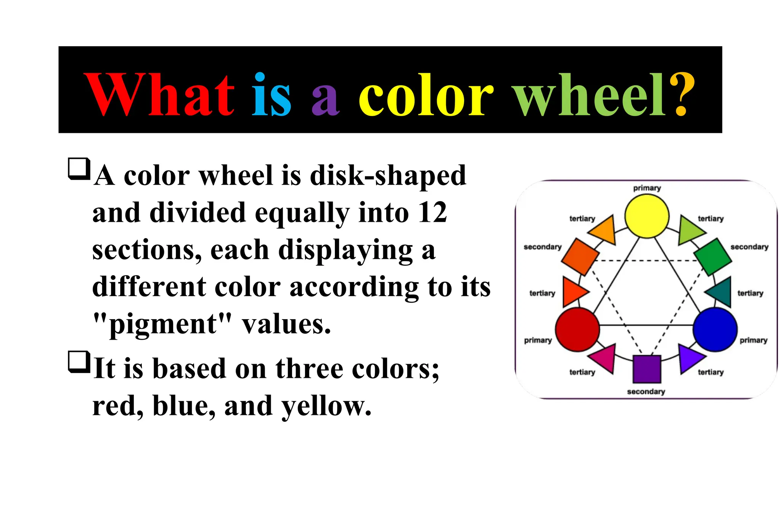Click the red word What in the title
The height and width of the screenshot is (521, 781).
(x=159, y=95)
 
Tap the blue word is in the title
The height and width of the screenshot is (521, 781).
(x=272, y=95)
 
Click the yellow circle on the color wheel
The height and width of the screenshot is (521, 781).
(x=647, y=216)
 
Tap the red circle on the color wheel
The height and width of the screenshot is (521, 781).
(x=577, y=329)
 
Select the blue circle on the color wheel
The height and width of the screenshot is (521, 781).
(x=715, y=329)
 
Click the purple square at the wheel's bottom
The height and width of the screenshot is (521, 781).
(x=647, y=369)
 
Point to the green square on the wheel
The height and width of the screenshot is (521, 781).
(x=712, y=256)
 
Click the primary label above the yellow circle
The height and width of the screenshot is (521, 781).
(x=647, y=188)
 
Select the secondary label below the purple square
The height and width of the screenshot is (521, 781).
(x=646, y=392)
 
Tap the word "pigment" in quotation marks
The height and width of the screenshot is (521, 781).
(x=163, y=324)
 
